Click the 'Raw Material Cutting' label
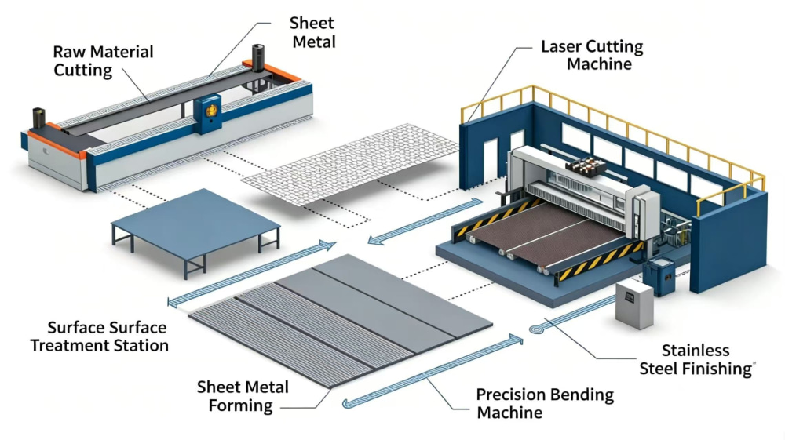[103, 60]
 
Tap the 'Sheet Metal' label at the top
[313, 32]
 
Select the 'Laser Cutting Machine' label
[592, 55]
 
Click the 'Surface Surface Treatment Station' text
[99, 336]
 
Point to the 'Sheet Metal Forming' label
[243, 396]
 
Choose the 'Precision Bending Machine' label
[545, 403]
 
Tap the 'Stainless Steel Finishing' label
[696, 359]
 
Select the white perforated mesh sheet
[350, 164]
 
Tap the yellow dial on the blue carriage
[210, 111]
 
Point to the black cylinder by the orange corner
[257, 58]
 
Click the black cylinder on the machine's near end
[39, 118]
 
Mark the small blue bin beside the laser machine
[659, 277]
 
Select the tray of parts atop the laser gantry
[586, 166]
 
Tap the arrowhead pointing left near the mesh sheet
[375, 240]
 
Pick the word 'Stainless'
[696, 351]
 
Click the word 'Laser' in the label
[562, 46]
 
